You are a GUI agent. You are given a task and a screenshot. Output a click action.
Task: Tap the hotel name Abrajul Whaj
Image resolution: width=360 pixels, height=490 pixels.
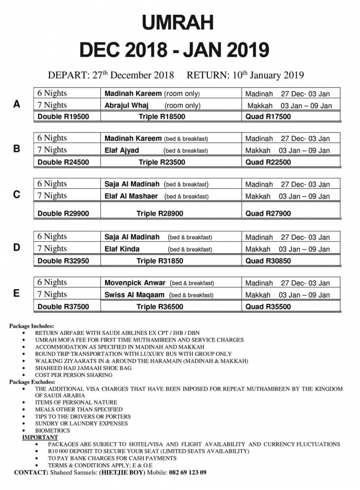coord(128,105)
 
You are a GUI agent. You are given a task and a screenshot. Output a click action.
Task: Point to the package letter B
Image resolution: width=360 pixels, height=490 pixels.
coord(17,148)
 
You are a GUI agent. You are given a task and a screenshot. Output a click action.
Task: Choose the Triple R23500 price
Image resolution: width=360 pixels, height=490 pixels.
coord(161,162)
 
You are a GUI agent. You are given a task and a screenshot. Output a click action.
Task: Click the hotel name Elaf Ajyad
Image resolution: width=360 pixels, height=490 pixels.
coord(122,151)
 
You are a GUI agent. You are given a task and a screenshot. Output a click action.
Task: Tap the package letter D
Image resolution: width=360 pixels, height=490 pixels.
coord(17,248)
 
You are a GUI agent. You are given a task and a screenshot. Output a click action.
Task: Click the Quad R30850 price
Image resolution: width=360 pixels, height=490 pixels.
coord(268,261)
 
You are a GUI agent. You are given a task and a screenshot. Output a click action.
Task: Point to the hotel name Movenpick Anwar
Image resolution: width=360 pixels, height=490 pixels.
coord(135,283)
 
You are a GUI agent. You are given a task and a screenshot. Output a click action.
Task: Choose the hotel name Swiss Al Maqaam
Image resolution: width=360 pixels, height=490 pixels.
coord(135,295)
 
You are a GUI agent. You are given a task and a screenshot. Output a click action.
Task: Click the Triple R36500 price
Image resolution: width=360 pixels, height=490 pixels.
coord(161,307)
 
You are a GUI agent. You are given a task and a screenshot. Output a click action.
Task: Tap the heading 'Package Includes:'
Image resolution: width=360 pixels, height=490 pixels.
coord(32,326)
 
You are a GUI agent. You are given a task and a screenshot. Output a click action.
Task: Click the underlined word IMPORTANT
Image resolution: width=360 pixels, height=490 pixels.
coord(40,438)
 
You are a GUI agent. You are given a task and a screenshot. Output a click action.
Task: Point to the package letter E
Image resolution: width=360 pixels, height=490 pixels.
coord(17,294)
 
